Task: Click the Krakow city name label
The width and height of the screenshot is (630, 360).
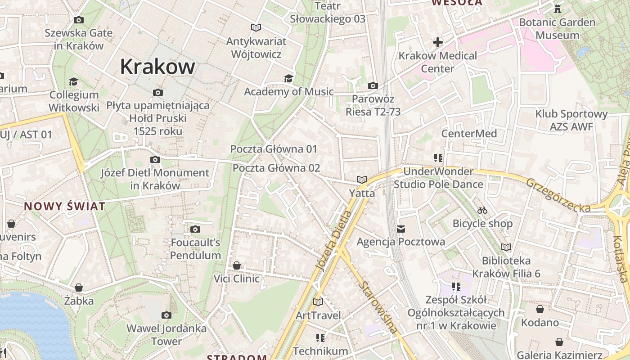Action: pyautogui.click(x=157, y=67)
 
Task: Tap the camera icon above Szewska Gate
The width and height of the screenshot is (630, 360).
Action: pyautogui.click(x=79, y=20)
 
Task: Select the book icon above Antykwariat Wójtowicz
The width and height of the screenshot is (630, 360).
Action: pyautogui.click(x=256, y=28)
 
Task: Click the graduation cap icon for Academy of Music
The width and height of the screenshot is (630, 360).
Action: pyautogui.click(x=288, y=79)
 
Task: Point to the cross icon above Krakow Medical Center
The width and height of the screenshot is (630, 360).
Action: pyautogui.click(x=438, y=43)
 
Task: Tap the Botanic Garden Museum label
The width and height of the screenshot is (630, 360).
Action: pyautogui.click(x=557, y=28)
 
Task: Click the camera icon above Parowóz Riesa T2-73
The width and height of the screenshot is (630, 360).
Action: pyautogui.click(x=373, y=85)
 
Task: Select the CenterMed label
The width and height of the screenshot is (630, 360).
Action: pyautogui.click(x=469, y=134)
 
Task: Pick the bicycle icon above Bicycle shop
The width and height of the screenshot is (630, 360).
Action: pyautogui.click(x=482, y=210)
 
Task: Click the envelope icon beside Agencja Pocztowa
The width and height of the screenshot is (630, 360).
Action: pyautogui.click(x=401, y=229)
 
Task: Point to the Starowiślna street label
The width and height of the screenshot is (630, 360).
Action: pyautogui.click(x=379, y=307)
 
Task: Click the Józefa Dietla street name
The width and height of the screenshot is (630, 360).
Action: pyautogui.click(x=333, y=241)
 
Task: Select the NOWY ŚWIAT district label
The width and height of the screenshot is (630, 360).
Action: pyautogui.click(x=65, y=207)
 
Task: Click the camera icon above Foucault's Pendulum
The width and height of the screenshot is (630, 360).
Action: pyautogui.click(x=195, y=229)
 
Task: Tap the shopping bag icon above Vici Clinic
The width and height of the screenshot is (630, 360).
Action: pyautogui.click(x=237, y=265)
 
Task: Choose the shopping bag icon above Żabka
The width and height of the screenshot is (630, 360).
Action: pyautogui.click(x=79, y=288)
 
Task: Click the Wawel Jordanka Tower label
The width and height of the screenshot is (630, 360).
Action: pyautogui.click(x=166, y=334)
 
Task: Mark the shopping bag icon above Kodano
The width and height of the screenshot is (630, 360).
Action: pyautogui.click(x=540, y=309)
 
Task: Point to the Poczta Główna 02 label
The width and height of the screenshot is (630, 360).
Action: pyautogui.click(x=276, y=168)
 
